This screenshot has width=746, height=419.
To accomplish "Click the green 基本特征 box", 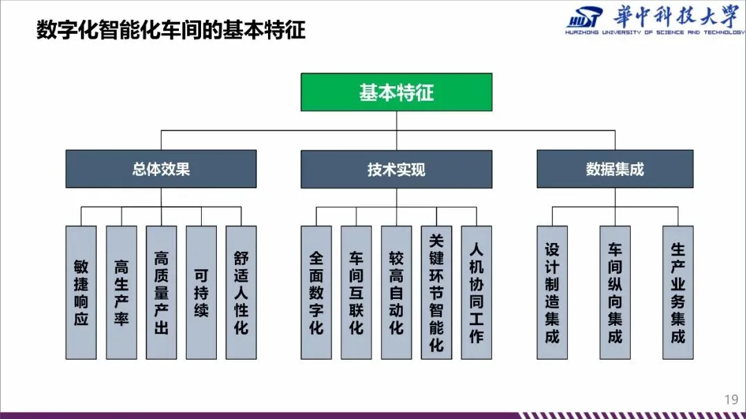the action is click(x=396, y=92).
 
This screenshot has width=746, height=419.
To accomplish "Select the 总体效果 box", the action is click(x=161, y=169).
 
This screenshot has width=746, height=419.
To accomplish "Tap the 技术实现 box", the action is click(x=396, y=169).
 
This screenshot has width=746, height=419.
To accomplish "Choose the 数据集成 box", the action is click(x=615, y=169).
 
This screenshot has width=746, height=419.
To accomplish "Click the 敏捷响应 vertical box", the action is click(x=81, y=293).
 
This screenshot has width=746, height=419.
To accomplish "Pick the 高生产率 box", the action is click(x=121, y=293).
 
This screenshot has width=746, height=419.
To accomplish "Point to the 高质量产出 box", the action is click(x=161, y=293).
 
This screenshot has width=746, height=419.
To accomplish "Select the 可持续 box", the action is click(x=201, y=293).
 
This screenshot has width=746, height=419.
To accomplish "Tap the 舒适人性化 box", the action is click(x=241, y=293).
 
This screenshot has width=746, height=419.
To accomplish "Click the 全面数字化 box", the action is click(x=316, y=293).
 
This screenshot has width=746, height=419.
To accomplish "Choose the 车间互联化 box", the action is click(x=356, y=293).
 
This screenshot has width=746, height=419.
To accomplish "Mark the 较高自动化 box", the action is click(x=396, y=293).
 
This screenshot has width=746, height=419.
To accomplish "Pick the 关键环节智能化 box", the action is click(x=437, y=293).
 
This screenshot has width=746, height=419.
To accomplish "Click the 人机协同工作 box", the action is click(x=477, y=293).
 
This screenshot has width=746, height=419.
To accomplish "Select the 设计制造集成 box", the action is click(x=553, y=293).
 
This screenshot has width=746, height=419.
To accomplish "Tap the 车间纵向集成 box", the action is click(x=615, y=293).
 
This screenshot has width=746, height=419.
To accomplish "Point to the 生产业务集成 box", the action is click(x=678, y=293).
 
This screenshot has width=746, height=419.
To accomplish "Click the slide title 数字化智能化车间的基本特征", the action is click(x=171, y=30).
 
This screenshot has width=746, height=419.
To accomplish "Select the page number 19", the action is click(x=731, y=399).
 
